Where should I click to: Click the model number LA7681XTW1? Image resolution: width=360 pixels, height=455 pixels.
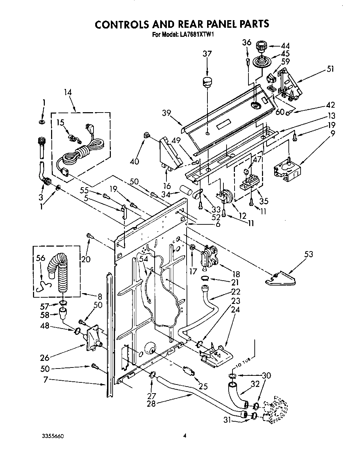pyautogui.click(x=193, y=34)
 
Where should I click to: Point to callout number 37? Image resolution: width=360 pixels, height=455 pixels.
pyautogui.click(x=207, y=53)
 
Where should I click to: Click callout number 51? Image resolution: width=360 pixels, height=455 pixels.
pyautogui.click(x=330, y=69)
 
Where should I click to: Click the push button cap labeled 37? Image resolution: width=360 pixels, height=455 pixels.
pyautogui.click(x=207, y=83)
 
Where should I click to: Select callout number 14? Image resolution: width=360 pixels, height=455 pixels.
pyautogui.click(x=68, y=92)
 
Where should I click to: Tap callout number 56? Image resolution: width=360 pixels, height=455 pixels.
pyautogui.click(x=41, y=258)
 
